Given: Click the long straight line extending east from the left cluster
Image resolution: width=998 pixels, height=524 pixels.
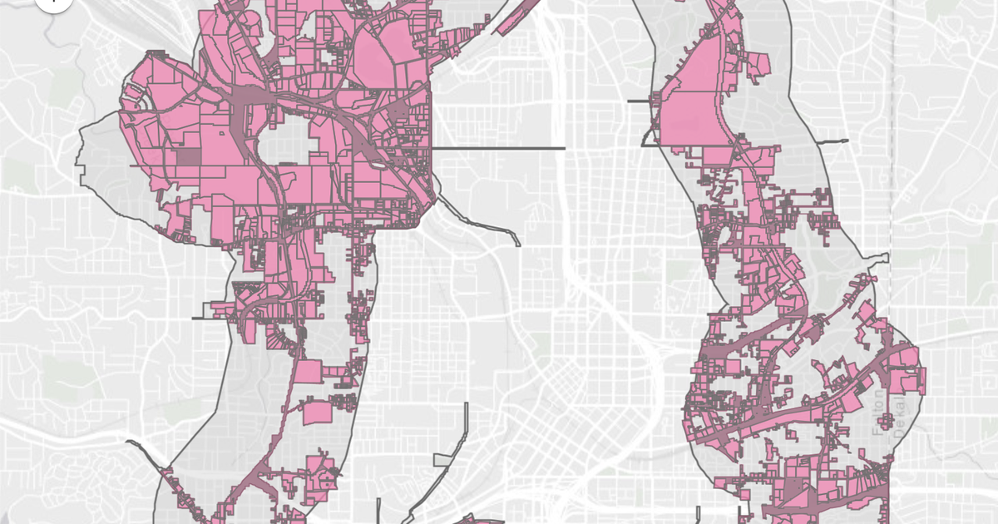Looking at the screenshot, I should pyautogui.click(x=499, y=148).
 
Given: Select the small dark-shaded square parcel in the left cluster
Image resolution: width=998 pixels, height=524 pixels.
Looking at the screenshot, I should pyautogui.click(x=188, y=156).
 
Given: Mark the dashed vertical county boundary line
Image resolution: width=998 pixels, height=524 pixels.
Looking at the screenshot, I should pyautogui.click(x=892, y=125).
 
